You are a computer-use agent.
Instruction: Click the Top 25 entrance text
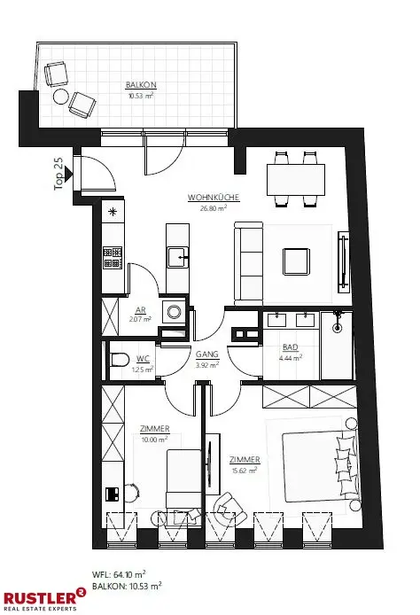(x=59, y=174)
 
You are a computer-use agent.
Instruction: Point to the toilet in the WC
(x=119, y=362)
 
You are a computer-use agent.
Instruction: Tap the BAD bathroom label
(x=290, y=349)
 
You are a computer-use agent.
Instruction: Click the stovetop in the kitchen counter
(x=113, y=257)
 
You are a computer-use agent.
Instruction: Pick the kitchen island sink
(x=180, y=258)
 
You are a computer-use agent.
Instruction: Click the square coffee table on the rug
(x=296, y=261)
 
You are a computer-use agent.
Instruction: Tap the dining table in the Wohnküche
(x=296, y=180)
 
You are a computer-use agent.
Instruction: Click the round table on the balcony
(x=60, y=96)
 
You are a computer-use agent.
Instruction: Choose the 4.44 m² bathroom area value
(x=290, y=359)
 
